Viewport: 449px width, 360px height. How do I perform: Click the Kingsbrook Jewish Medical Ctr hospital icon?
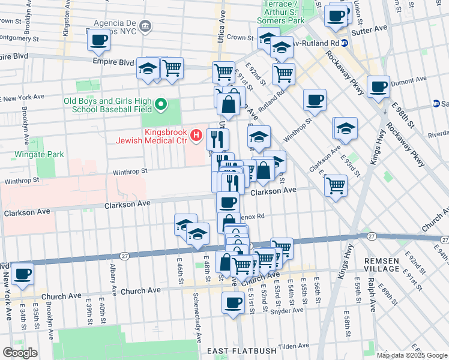196,136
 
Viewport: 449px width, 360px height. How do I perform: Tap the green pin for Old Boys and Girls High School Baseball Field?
160,106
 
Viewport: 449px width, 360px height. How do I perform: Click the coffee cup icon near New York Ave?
22,274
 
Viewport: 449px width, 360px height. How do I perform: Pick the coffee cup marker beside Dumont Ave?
378,86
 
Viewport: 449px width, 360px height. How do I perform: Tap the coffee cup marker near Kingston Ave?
98,40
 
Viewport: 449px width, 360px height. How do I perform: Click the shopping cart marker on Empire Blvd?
172,68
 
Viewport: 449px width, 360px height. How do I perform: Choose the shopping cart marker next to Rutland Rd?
283,74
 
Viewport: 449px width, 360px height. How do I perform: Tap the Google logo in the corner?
19,353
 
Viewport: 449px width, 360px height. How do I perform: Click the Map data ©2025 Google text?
412,355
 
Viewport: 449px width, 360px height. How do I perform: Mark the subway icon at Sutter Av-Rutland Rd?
344,43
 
